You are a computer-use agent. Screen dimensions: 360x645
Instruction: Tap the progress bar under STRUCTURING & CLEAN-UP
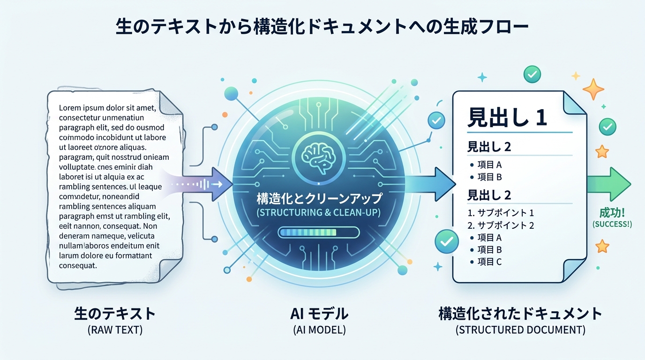coord(318,232)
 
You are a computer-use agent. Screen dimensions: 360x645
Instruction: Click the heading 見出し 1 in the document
coord(507,118)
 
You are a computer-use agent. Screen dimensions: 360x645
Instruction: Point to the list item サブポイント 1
coord(501,212)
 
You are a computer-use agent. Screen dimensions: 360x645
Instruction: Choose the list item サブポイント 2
coord(501,225)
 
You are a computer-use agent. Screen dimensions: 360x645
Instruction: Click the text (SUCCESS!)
coord(612,224)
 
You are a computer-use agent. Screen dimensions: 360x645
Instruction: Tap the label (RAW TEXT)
coord(115,330)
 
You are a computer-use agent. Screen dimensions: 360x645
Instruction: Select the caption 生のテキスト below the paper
coord(115,313)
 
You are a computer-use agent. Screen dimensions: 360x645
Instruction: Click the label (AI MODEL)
coord(319,330)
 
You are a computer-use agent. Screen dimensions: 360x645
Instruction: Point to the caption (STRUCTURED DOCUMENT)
coord(520,330)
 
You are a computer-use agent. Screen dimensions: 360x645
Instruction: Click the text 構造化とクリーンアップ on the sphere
coord(319,199)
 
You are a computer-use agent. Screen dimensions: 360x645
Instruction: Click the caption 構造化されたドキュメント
coord(520,313)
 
